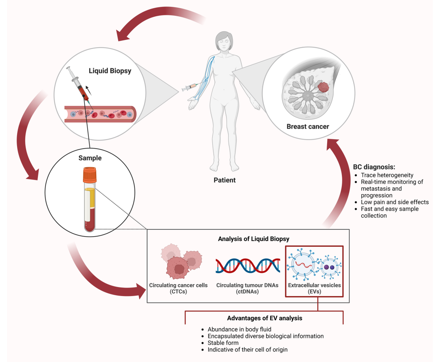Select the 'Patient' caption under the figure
(224, 180)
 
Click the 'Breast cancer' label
(308, 127)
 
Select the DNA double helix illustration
(248, 265)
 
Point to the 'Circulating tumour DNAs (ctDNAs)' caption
(247, 288)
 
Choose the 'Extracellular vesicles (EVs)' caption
(315, 288)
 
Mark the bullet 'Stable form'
(223, 343)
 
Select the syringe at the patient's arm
(189, 87)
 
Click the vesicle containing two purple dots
(329, 267)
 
